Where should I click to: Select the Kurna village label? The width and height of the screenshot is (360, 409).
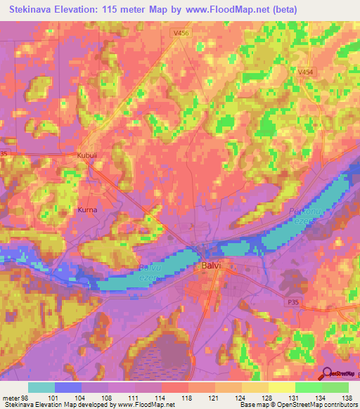(x=86, y=209)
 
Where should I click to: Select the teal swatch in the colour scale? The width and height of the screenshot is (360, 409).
(x=41, y=387)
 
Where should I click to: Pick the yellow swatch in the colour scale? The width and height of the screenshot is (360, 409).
(x=281, y=387)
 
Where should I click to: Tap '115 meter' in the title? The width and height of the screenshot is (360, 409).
(x=127, y=10)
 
